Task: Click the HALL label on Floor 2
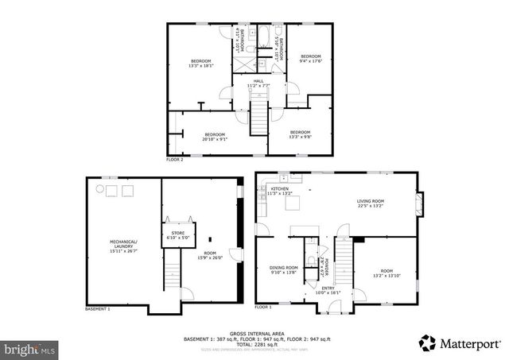point(258,82)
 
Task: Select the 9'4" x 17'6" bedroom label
point(309,57)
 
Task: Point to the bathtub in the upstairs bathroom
point(262,37)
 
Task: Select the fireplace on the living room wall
point(422,203)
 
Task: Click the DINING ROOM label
point(282,269)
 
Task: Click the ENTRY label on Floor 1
point(328,290)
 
